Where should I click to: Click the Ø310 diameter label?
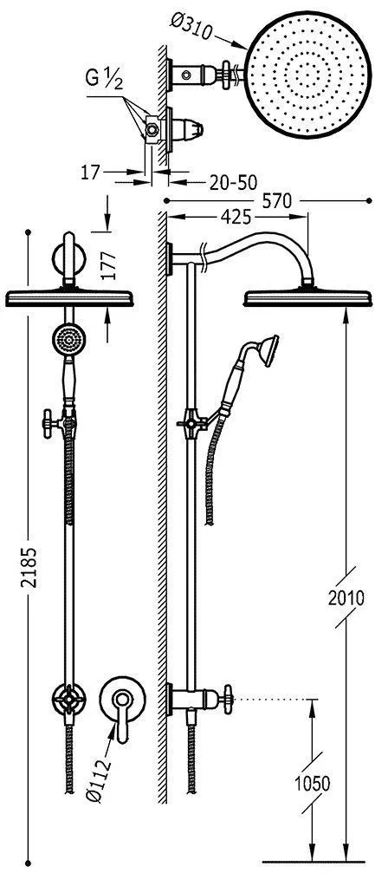[x=191, y=25]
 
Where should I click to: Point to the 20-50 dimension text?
[x=233, y=182]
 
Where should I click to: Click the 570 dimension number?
[x=277, y=201]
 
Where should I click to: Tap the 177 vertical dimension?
[x=110, y=266]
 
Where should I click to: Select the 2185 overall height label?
[x=30, y=567]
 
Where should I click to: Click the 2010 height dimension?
[x=346, y=596]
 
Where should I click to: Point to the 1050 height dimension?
[x=313, y=783]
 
